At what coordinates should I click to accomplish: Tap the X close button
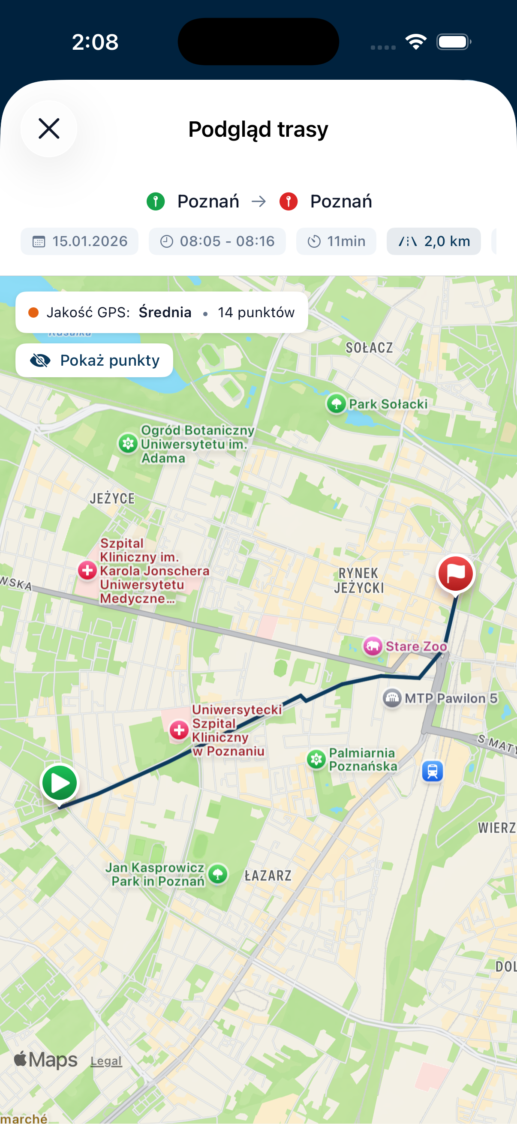tap(49, 129)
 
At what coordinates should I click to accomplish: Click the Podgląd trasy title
tap(258, 129)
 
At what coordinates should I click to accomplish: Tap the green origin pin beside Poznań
tap(156, 201)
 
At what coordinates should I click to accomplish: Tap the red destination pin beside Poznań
tap(289, 201)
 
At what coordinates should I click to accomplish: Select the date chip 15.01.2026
tap(79, 241)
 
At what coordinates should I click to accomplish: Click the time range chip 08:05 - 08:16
tap(217, 241)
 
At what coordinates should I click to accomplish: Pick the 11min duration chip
tap(336, 241)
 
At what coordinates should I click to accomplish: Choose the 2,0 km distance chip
tap(434, 241)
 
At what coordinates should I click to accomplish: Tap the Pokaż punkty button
tap(94, 361)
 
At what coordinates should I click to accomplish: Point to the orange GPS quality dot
tap(33, 313)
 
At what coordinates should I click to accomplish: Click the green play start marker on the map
tap(60, 784)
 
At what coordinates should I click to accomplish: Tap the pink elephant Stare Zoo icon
tap(373, 646)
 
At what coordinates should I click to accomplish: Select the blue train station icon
tap(433, 771)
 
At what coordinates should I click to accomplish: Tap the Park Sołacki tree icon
tap(337, 404)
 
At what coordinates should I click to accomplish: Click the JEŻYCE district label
tap(112, 498)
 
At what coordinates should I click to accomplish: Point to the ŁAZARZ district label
tap(268, 875)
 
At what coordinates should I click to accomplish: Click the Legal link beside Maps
tap(106, 1061)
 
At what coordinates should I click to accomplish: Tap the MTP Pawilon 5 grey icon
tap(392, 698)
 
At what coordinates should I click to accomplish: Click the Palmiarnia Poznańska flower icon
tap(317, 760)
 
